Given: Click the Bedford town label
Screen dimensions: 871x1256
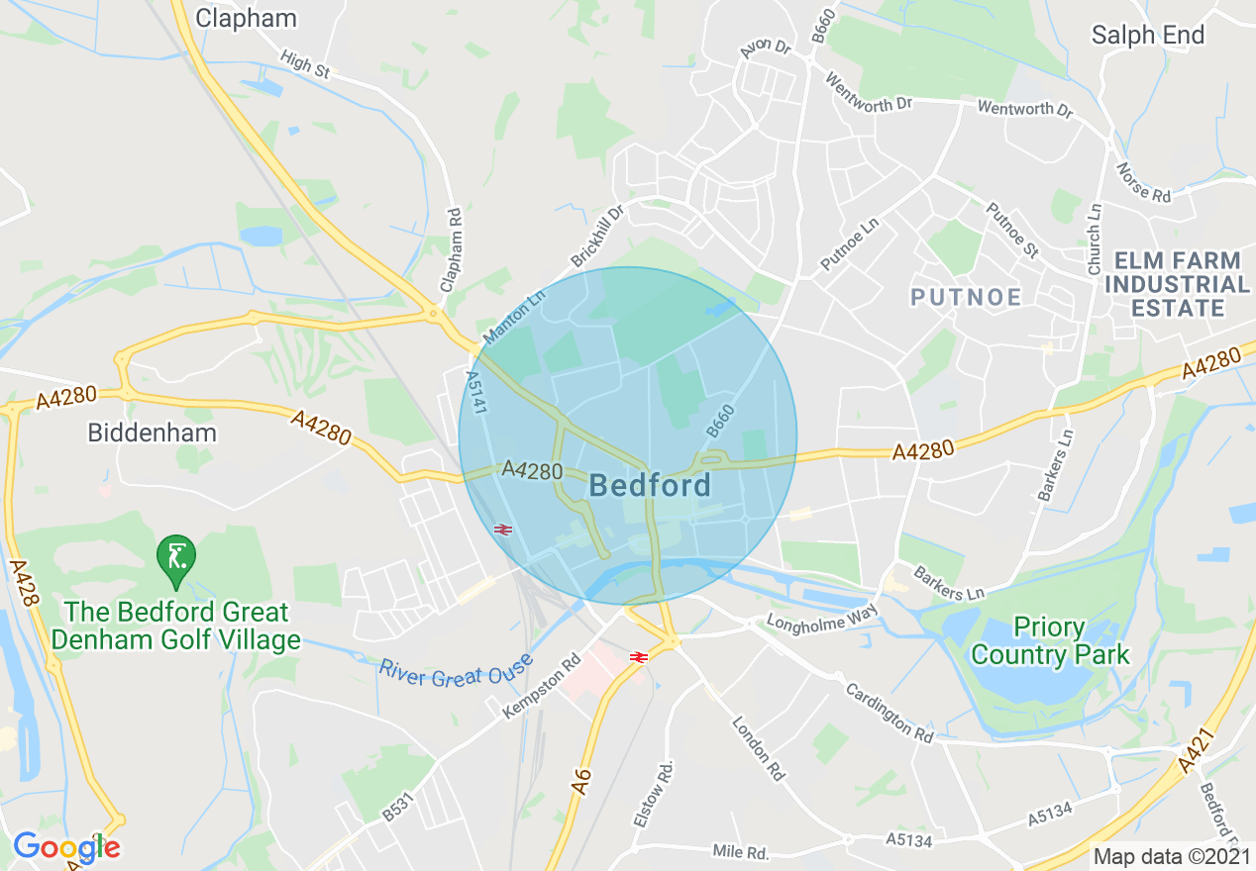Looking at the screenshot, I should pyautogui.click(x=650, y=485).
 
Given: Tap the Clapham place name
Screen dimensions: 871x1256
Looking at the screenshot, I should pyautogui.click(x=246, y=18).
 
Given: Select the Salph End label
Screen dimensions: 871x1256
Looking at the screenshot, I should pyautogui.click(x=1148, y=35).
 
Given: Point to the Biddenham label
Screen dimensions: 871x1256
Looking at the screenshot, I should pyautogui.click(x=152, y=433).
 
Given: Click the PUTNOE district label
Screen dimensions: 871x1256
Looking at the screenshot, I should pyautogui.click(x=966, y=297).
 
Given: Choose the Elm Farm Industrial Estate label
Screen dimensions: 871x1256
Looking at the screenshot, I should pyautogui.click(x=1177, y=284).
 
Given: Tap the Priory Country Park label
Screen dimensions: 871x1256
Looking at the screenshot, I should pyautogui.click(x=1050, y=641).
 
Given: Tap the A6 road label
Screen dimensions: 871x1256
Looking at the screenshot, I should pyautogui.click(x=581, y=779).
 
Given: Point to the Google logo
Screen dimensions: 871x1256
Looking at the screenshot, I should pyautogui.click(x=66, y=847).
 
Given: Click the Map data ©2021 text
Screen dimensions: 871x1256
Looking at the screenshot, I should pyautogui.click(x=1172, y=856).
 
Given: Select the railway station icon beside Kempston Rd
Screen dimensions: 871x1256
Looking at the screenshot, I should pyautogui.click(x=638, y=655).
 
